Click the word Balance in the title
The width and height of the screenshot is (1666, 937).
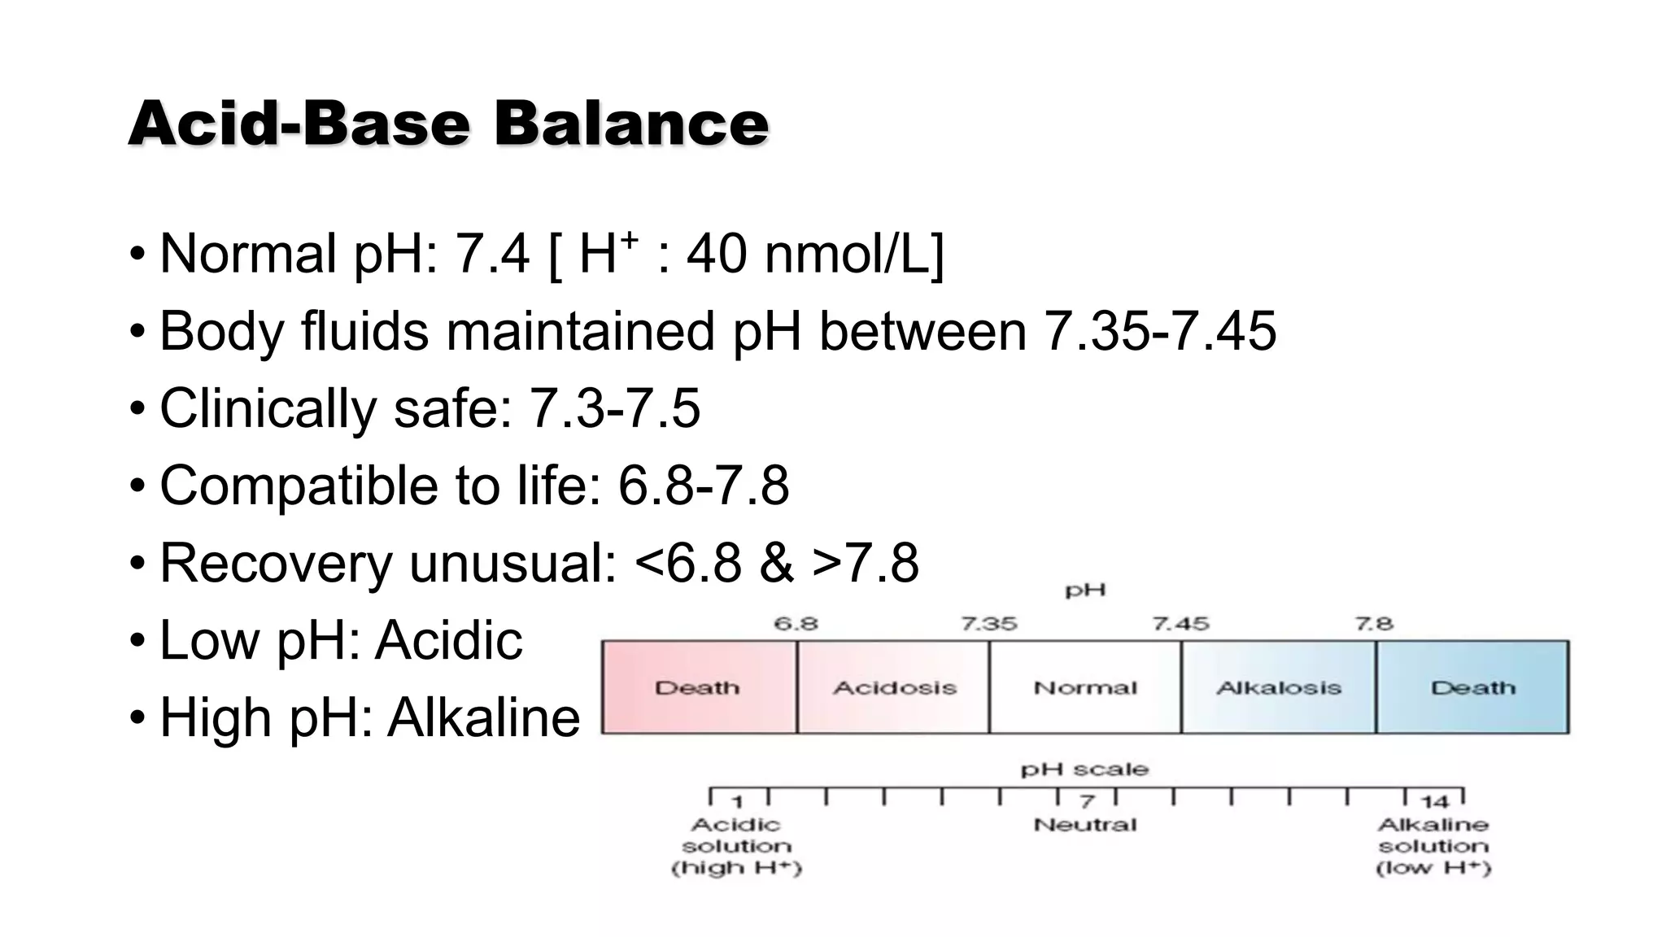coord(630,124)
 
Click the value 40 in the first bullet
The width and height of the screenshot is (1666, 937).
coord(716,254)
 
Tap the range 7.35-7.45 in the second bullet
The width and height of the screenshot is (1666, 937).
coord(1159,331)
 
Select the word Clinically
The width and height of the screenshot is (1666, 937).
coord(268,408)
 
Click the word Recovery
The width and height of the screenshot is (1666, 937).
coord(276,563)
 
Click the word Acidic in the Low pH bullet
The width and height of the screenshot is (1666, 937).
coord(448,640)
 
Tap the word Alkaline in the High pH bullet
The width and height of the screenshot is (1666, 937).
coord(483,717)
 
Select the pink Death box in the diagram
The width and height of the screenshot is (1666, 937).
coord(698,687)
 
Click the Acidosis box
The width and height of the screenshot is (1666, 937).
coord(893,687)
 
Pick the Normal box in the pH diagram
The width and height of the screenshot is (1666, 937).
coord(1085,687)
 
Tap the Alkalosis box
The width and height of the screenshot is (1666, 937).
coord(1278,687)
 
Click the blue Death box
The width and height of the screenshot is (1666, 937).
coord(1472,687)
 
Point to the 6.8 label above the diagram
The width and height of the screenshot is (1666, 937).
coord(796,624)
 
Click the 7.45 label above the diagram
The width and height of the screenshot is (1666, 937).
coord(1180,624)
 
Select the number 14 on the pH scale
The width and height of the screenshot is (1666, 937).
coord(1434,802)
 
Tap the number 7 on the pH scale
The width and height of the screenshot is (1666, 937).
coord(1087,802)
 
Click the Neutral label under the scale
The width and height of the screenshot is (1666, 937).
coord(1085,825)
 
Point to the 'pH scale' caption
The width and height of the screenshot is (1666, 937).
coord(1085,769)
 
